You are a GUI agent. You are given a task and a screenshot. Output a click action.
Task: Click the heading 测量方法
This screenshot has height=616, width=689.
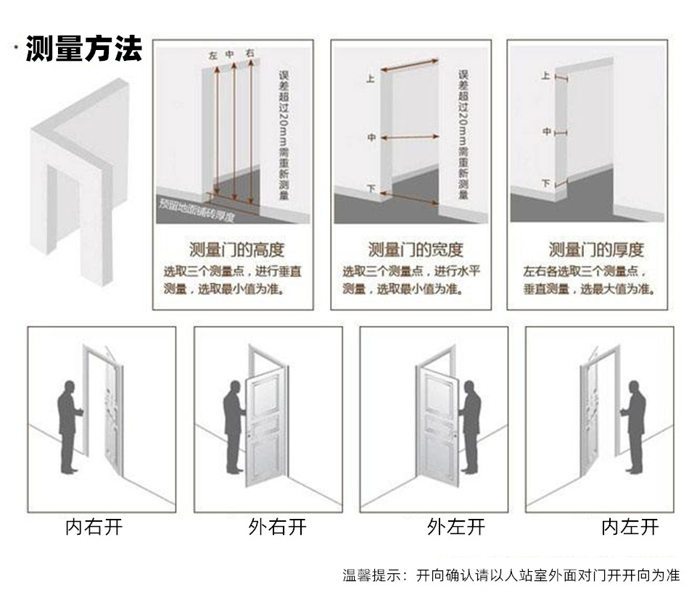[83, 49]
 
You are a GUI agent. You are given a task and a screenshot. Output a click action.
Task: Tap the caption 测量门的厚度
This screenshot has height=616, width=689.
[595, 251]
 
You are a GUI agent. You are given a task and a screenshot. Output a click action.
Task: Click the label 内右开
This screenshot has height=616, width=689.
[94, 527]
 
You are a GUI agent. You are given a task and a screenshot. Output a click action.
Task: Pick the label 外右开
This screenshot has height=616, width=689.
[277, 527]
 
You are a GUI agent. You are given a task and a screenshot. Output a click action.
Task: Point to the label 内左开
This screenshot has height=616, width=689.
[630, 527]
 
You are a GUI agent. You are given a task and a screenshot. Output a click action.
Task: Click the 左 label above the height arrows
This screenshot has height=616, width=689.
[213, 55]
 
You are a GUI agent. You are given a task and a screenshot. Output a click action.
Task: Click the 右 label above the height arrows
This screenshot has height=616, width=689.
[249, 54]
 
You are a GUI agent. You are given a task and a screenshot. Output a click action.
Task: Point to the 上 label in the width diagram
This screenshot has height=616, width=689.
[370, 80]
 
